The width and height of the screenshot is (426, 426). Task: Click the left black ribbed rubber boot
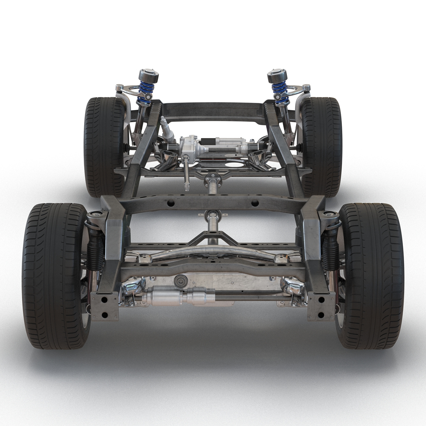tap(95, 250)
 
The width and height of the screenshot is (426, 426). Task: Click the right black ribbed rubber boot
tap(329, 250)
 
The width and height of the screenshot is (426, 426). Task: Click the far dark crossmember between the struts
tap(213, 108)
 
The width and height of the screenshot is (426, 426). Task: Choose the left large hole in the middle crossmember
tap(171, 204)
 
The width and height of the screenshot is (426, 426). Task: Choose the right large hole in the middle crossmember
tap(255, 204)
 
